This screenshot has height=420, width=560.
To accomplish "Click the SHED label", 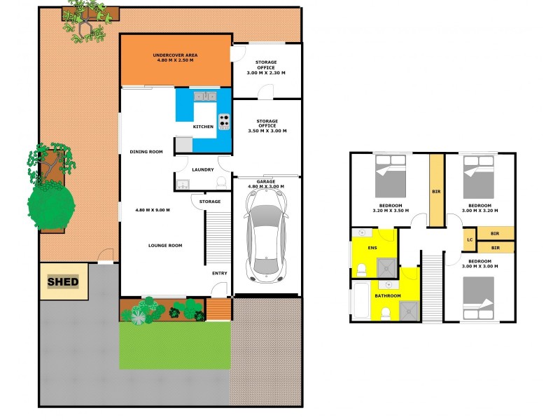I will point(63,282).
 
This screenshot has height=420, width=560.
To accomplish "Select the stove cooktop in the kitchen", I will point(224,121).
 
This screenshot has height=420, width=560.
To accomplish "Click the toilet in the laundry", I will point(221,182).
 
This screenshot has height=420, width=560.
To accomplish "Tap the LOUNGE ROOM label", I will point(165,246).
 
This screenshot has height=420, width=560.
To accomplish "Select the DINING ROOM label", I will point(146,152).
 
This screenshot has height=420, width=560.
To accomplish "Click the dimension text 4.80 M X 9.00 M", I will point(153,210).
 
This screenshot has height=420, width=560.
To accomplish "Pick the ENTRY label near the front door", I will point(220,273).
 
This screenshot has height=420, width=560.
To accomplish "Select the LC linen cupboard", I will point(468,240).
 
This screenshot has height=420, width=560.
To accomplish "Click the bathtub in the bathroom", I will point(361,301).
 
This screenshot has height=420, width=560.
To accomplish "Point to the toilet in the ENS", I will point(361,269).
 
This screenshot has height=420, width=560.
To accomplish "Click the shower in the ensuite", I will point(386,267).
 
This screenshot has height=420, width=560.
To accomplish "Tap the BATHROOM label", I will point(387,296).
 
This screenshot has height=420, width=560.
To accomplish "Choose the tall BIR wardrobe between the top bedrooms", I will point(436,190).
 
